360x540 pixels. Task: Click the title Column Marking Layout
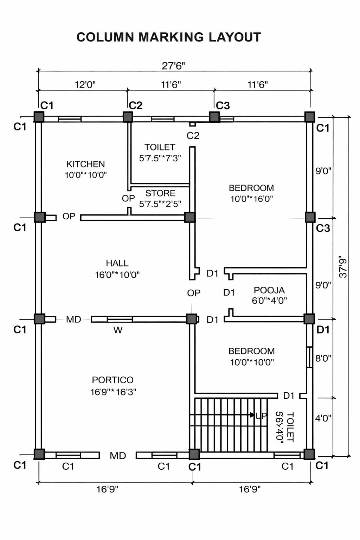click(169, 37)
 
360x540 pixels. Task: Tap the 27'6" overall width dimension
click(173, 66)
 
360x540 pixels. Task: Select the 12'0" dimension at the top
click(85, 85)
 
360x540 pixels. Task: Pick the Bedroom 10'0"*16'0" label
click(251, 193)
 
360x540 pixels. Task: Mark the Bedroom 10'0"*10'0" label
click(252, 356)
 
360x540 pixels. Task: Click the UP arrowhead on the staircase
click(252, 415)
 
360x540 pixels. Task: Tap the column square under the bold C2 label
click(128, 117)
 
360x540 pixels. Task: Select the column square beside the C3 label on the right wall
click(310, 217)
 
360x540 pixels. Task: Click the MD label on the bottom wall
click(118, 456)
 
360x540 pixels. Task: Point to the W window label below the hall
click(118, 330)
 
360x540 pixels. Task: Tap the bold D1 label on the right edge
click(323, 329)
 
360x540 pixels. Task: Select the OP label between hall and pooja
click(194, 293)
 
